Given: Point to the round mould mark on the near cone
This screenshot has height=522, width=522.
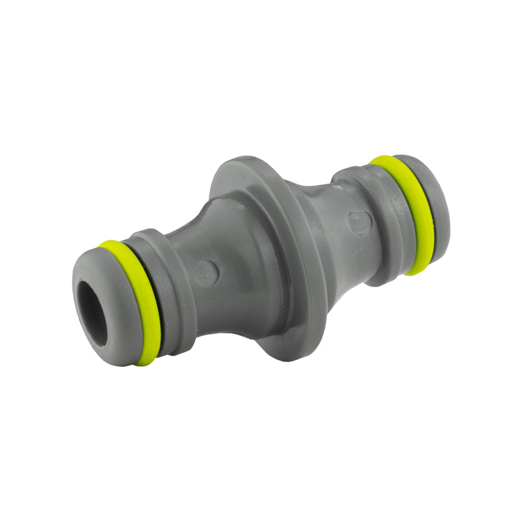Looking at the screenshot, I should click(206, 273).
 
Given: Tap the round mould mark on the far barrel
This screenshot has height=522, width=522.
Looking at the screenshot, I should click(359, 222).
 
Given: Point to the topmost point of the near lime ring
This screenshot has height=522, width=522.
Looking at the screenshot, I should click(108, 243).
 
